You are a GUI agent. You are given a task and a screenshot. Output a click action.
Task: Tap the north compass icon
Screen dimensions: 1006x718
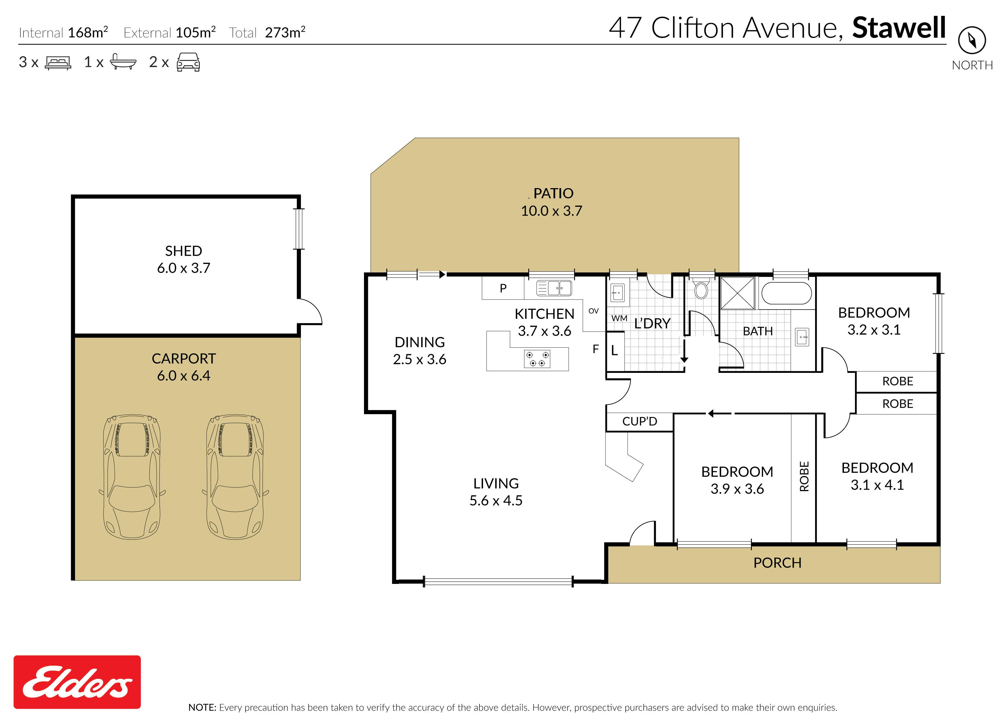click(x=972, y=40)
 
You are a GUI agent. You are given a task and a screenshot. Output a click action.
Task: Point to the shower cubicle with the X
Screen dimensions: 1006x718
click(x=737, y=293)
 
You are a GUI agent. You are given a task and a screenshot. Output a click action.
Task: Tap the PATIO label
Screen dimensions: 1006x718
click(x=553, y=193)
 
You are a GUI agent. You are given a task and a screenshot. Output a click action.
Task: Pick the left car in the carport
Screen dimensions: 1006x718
click(x=132, y=477)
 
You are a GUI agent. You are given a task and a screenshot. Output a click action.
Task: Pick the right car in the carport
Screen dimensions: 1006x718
click(x=235, y=477)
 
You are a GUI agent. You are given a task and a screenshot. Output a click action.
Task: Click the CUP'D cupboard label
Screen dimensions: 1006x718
click(x=639, y=421)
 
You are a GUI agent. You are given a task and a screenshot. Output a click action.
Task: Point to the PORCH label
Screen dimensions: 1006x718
click(x=777, y=563)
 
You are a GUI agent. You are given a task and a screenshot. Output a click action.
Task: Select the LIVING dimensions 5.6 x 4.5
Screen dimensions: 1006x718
click(x=496, y=500)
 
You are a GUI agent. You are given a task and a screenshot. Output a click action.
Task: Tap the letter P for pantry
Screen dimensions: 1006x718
click(x=503, y=288)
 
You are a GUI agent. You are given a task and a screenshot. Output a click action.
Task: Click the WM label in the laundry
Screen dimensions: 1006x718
click(x=619, y=318)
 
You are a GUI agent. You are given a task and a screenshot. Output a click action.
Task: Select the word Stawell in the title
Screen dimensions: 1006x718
click(x=899, y=27)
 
